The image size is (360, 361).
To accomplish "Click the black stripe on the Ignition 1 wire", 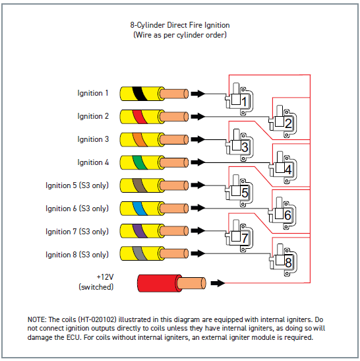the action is (140, 94).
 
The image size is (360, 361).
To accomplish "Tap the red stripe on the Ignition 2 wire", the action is (140, 117).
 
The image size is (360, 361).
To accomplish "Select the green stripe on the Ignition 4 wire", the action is (140, 162).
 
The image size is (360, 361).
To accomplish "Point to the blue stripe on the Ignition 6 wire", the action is (140, 209).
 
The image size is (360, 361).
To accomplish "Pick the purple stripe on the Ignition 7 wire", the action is (140, 231).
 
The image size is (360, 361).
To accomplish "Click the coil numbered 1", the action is (239, 99).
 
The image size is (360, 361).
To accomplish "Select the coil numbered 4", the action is (283, 168).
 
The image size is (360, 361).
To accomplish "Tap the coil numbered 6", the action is (283, 213).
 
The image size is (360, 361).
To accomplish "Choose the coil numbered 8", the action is (284, 260).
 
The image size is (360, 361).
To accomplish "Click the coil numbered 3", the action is (239, 145).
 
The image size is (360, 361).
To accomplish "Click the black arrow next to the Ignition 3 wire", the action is (198, 139).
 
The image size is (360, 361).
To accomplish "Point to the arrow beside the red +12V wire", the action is (218, 283).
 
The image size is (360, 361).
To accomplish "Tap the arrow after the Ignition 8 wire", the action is (198, 253).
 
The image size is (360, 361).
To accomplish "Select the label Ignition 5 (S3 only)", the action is (77, 185).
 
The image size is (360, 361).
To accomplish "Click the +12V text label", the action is (105, 277).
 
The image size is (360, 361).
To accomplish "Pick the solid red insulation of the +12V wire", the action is (159, 283).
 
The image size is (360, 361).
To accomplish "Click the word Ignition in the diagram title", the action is (217, 25).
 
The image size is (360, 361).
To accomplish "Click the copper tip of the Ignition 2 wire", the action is (174, 117).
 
